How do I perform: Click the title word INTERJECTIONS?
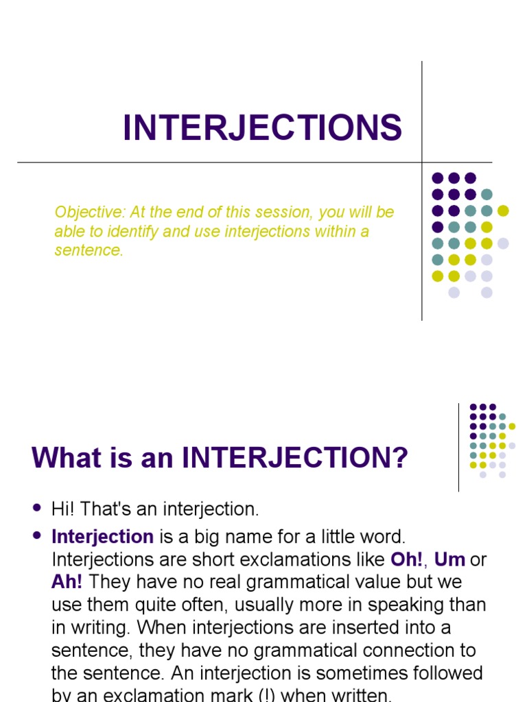coord(262,128)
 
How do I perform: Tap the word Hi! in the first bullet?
coord(62,509)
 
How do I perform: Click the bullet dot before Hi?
coord(37,508)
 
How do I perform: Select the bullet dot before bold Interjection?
coord(37,535)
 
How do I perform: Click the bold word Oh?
coord(407,559)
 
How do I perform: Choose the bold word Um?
coord(450,559)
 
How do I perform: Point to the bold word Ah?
coord(67,582)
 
